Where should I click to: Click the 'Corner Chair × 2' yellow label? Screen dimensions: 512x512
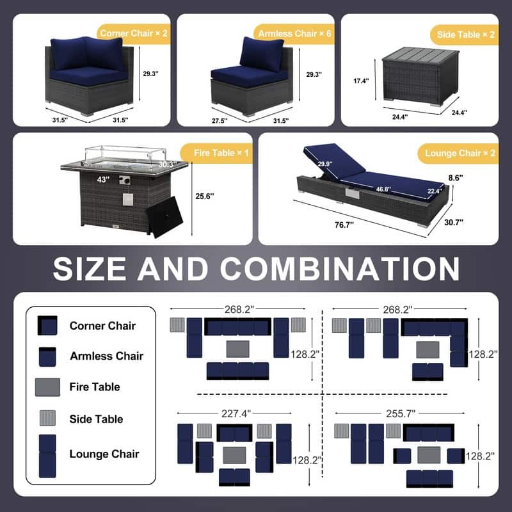click(x=134, y=33)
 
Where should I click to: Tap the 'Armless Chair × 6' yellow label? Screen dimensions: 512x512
click(x=294, y=34)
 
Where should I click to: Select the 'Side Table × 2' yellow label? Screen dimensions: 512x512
click(x=465, y=35)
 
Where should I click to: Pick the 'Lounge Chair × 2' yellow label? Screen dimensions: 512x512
click(x=459, y=154)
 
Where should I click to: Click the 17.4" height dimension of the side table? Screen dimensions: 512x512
click(x=361, y=81)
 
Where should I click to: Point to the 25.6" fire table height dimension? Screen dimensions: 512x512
click(x=205, y=196)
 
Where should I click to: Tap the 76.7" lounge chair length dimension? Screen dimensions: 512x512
click(x=344, y=225)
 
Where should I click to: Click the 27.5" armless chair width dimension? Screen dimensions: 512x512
click(x=220, y=121)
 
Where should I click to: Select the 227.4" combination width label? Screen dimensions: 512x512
click(x=236, y=413)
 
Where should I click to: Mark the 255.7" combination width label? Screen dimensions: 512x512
click(x=401, y=413)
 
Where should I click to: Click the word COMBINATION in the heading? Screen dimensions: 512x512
click(x=340, y=269)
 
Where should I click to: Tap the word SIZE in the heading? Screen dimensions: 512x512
click(x=90, y=269)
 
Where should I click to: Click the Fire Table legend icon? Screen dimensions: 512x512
click(x=47, y=387)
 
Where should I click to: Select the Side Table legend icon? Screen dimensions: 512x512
click(x=47, y=418)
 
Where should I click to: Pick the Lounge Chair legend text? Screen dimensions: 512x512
click(x=104, y=454)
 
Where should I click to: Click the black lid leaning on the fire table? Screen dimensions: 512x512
click(x=164, y=217)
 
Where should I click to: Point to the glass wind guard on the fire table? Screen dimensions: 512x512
click(x=125, y=155)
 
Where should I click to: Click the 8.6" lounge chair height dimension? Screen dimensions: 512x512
click(x=456, y=178)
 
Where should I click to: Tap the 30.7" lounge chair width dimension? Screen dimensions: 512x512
click(x=454, y=222)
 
